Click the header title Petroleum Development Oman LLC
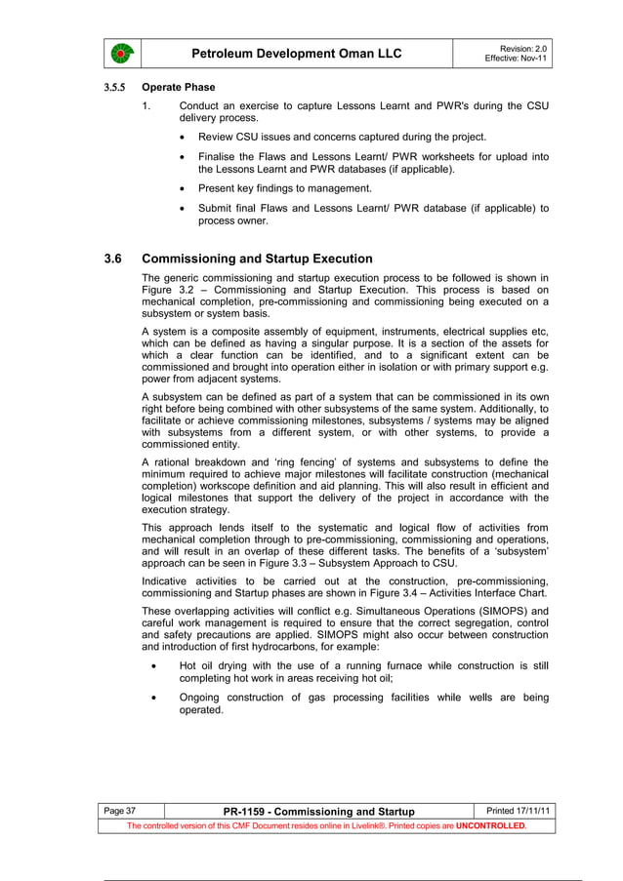coord(297,53)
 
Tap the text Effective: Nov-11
coord(517,59)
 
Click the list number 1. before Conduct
coord(146,105)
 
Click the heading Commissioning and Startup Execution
coord(257,260)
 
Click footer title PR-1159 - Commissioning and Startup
coord(319,812)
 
